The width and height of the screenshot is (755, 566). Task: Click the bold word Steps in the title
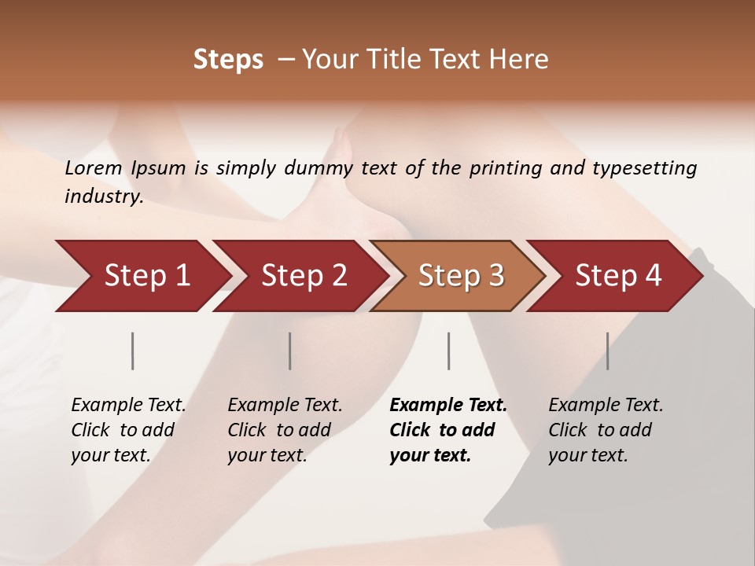click(x=228, y=60)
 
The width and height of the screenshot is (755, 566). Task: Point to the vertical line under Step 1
click(x=133, y=351)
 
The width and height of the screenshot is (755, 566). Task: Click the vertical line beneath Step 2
click(x=290, y=351)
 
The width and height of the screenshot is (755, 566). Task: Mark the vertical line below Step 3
click(x=449, y=351)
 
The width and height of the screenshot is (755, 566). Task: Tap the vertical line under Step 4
click(x=607, y=351)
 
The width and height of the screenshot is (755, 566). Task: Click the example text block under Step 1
click(x=128, y=430)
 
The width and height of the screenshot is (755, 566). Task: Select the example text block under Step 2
click(x=285, y=430)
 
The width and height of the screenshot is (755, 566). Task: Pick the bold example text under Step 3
click(x=447, y=430)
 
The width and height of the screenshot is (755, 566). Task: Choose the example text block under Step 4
click(x=606, y=430)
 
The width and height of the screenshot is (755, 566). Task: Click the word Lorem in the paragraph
click(x=94, y=168)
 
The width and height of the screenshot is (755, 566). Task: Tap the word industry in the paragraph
click(x=104, y=197)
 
